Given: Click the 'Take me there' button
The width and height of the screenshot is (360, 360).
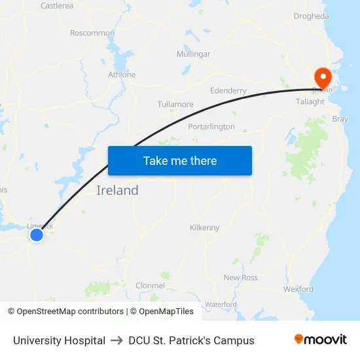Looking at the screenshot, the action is pyautogui.click(x=180, y=160).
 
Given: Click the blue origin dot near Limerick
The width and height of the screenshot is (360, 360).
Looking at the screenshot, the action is pyautogui.click(x=37, y=234).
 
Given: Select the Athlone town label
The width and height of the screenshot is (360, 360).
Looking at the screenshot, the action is pyautogui.click(x=122, y=75).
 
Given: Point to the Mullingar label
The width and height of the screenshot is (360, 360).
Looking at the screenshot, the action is pyautogui.click(x=194, y=54).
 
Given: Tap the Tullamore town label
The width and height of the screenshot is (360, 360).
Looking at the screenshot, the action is pyautogui.click(x=175, y=104).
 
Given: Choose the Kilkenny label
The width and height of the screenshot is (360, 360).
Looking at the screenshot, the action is pyautogui.click(x=205, y=227).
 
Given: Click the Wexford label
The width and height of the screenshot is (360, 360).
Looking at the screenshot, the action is pyautogui.click(x=299, y=289).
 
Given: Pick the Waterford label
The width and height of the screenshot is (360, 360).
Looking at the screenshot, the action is pyautogui.click(x=221, y=304).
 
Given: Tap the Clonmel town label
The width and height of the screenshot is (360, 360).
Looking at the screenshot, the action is pyautogui.click(x=150, y=285).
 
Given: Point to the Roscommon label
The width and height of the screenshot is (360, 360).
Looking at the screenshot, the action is pyautogui.click(x=92, y=33).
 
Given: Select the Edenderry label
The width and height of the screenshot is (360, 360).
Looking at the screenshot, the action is pyautogui.click(x=228, y=90).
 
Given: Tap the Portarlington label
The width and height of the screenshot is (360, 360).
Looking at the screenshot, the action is pyautogui.click(x=211, y=126).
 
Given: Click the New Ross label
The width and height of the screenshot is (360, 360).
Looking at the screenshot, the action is pyautogui.click(x=241, y=278).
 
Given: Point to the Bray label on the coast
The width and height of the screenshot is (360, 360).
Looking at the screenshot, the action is pyautogui.click(x=340, y=119).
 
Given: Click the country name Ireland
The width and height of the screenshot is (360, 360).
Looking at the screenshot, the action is pyautogui.click(x=118, y=190).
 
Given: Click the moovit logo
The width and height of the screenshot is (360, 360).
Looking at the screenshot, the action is pyautogui.click(x=321, y=340).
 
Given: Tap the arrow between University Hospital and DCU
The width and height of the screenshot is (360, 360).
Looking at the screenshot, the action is pyautogui.click(x=117, y=340).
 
